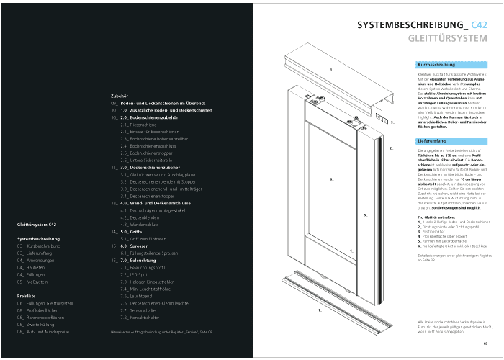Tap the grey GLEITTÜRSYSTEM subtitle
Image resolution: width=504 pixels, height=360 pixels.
pos(452,37)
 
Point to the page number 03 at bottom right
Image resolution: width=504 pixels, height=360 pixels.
pos(485,343)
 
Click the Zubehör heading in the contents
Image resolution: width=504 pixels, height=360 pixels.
pos(120,95)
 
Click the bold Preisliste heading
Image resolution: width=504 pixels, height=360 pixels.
pos(27,296)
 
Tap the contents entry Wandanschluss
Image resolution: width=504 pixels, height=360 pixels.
pos(140,225)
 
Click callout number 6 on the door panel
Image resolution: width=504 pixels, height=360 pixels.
pos(330,179)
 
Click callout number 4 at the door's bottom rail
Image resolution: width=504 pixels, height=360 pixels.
pos(351,251)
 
